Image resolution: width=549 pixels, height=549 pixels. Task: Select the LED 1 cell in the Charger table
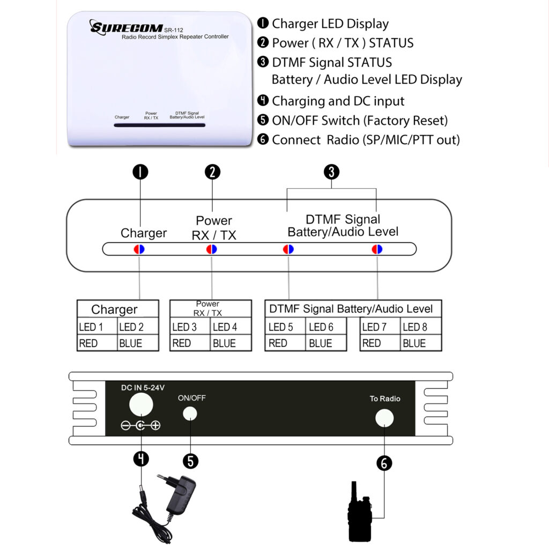(x=97, y=327)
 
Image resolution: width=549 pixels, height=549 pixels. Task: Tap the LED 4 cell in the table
(x=231, y=327)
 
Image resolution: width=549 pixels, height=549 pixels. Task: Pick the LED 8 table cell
(x=421, y=327)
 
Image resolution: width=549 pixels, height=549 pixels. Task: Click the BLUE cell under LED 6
(x=326, y=343)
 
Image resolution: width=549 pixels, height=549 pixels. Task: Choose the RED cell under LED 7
(x=380, y=343)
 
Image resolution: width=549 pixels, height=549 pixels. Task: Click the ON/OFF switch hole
(x=190, y=413)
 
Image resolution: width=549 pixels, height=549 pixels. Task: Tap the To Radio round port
(x=384, y=418)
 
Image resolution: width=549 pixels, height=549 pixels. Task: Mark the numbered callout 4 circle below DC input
(x=140, y=459)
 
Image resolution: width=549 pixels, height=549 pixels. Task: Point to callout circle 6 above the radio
(x=384, y=463)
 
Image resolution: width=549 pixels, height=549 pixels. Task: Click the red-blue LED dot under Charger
(x=139, y=249)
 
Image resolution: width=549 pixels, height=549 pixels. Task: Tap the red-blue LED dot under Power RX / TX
(x=212, y=249)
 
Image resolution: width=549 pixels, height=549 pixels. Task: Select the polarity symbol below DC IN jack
(x=140, y=426)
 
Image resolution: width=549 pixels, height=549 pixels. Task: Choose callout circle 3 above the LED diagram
(x=332, y=172)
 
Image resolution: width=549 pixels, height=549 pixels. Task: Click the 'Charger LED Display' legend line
(x=330, y=24)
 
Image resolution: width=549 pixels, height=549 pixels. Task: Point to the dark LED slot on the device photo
(x=159, y=125)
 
